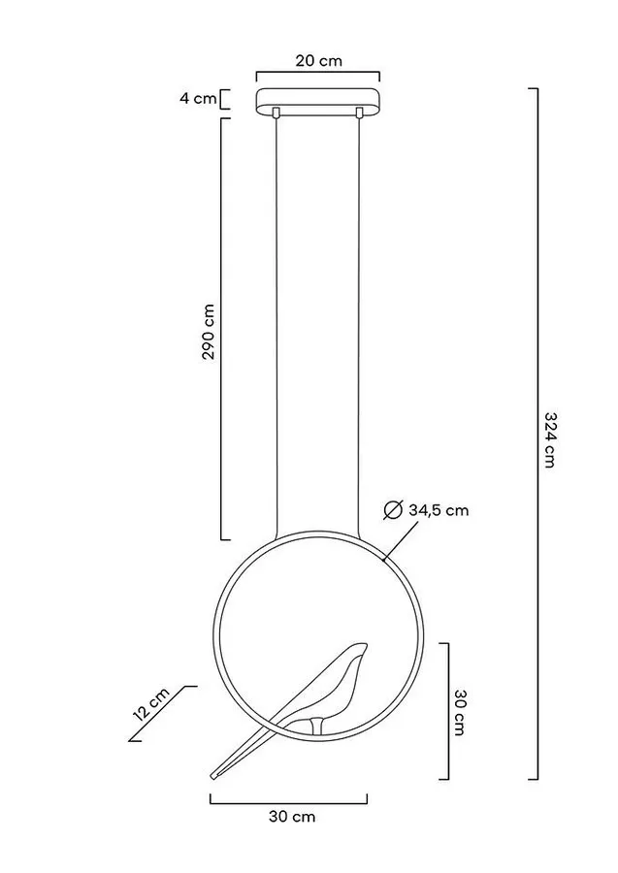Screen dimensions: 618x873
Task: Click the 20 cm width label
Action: click(x=318, y=60)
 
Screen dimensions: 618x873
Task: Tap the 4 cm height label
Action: click(x=198, y=99)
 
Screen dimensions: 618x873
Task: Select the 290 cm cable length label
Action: click(x=209, y=332)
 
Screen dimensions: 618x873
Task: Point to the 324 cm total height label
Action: click(x=549, y=439)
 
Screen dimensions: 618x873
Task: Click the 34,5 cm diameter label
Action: click(x=439, y=510)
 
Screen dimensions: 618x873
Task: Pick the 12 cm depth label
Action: click(x=150, y=704)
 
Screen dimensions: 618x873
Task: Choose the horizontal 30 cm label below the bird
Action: click(x=292, y=817)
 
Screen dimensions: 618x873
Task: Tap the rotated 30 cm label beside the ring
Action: click(x=460, y=712)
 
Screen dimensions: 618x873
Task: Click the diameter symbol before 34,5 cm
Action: click(x=393, y=510)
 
